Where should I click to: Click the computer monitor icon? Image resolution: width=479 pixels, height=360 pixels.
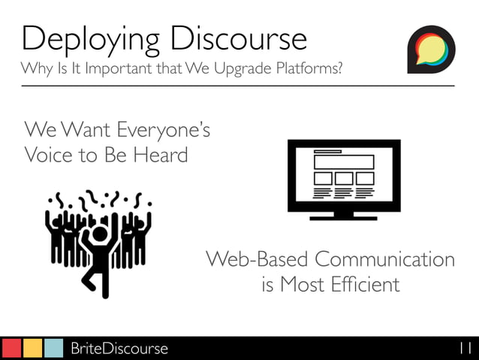pos(343,178)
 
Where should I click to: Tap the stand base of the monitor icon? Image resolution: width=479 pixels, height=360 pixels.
pos(343,216)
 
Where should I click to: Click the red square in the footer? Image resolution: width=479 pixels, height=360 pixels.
pos(11,348)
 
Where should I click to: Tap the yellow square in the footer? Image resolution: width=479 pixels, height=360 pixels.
pos(32,348)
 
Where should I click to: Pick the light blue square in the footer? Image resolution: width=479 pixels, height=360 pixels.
pos(53,348)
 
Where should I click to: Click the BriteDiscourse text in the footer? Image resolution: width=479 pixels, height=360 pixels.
pos(119,349)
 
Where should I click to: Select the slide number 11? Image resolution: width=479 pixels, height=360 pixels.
pos(463,349)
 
